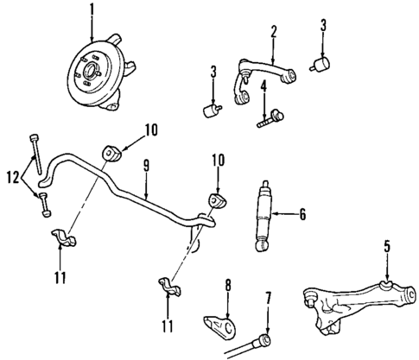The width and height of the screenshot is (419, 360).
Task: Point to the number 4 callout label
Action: (x=262, y=86)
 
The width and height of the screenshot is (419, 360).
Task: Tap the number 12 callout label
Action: (x=13, y=178)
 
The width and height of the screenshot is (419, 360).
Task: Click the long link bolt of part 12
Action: (x=35, y=155)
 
